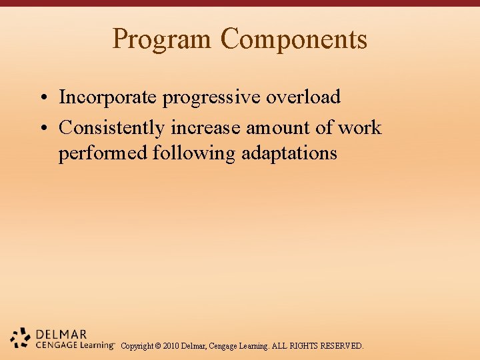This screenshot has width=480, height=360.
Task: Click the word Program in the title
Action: click(x=163, y=39)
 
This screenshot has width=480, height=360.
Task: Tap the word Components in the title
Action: click(x=294, y=39)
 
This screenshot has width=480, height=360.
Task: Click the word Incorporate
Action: click(x=108, y=97)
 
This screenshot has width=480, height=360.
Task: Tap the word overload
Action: click(x=303, y=97)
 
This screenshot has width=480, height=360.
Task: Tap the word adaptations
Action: click(x=289, y=153)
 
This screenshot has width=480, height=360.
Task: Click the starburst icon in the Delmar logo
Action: click(x=21, y=339)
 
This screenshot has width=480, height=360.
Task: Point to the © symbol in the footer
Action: click(x=157, y=346)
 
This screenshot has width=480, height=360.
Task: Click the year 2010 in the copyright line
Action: click(x=171, y=346)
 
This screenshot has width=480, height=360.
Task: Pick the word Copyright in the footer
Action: click(x=136, y=346)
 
